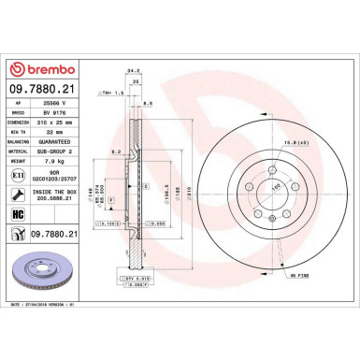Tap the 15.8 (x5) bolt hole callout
[270, 141]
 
